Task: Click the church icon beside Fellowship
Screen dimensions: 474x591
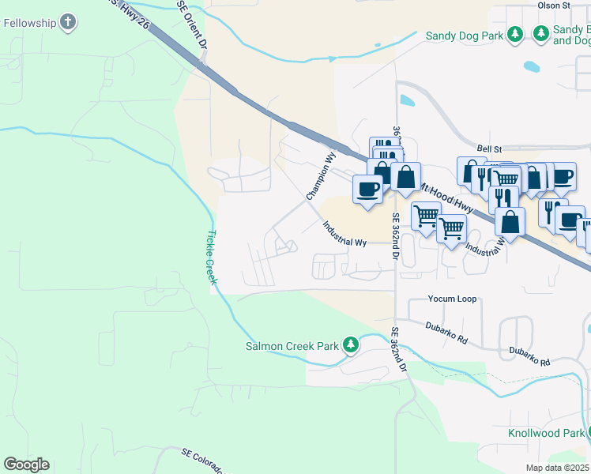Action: (69, 22)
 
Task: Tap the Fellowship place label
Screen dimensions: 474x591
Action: (29, 23)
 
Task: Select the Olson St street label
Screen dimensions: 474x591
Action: (554, 6)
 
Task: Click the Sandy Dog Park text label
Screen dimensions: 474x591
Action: (464, 35)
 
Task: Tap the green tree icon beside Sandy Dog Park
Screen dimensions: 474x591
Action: (514, 34)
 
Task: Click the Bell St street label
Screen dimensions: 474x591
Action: (491, 148)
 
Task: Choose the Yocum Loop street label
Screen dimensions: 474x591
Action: (452, 299)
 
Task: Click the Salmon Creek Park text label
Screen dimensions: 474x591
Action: (292, 345)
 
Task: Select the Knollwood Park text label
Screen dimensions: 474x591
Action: (545, 433)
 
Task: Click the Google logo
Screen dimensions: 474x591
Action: (26, 465)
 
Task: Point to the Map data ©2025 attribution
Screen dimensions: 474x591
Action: (557, 468)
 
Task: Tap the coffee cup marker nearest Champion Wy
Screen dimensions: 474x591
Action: (367, 190)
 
